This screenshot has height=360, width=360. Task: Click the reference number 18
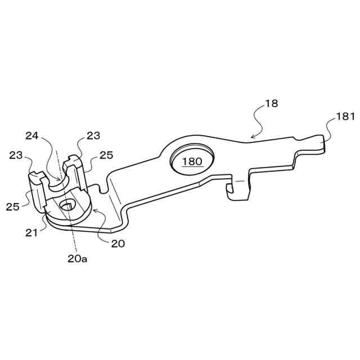click(x=271, y=103)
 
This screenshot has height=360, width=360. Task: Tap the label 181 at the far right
click(x=345, y=117)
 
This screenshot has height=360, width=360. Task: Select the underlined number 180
click(x=192, y=161)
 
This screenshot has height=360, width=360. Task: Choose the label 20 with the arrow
click(x=118, y=244)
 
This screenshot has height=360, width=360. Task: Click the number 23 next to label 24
click(x=93, y=135)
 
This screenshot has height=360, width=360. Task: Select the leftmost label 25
click(x=13, y=206)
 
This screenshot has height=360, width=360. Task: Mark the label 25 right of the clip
click(x=106, y=155)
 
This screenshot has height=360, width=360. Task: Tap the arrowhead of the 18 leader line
click(x=250, y=137)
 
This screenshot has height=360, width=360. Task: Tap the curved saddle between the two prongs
click(x=55, y=181)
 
